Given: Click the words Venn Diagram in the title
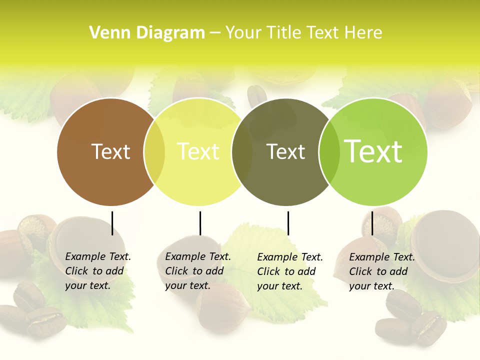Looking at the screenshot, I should click(147, 33).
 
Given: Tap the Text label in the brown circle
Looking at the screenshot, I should click(110, 151).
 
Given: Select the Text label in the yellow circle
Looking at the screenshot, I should click(198, 151).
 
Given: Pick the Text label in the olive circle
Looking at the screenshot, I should click(285, 151).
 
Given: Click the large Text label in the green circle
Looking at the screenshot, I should click(373, 151).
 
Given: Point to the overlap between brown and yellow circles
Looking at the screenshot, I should click(154, 152).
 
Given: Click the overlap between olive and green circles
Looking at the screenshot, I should click(329, 152).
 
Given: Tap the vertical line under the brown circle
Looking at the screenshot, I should click(112, 223).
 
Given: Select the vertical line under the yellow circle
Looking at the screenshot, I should click(200, 223).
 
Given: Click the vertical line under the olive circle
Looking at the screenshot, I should click(288, 223).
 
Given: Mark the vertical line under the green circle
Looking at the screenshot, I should click(372, 223).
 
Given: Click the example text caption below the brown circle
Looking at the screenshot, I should click(98, 271).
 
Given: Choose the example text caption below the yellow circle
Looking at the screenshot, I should click(198, 271).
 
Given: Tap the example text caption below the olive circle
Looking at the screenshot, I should click(290, 271).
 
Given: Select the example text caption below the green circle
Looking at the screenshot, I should click(382, 271).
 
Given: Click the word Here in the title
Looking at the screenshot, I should click(364, 33).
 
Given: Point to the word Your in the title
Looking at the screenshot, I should click(244, 33).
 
